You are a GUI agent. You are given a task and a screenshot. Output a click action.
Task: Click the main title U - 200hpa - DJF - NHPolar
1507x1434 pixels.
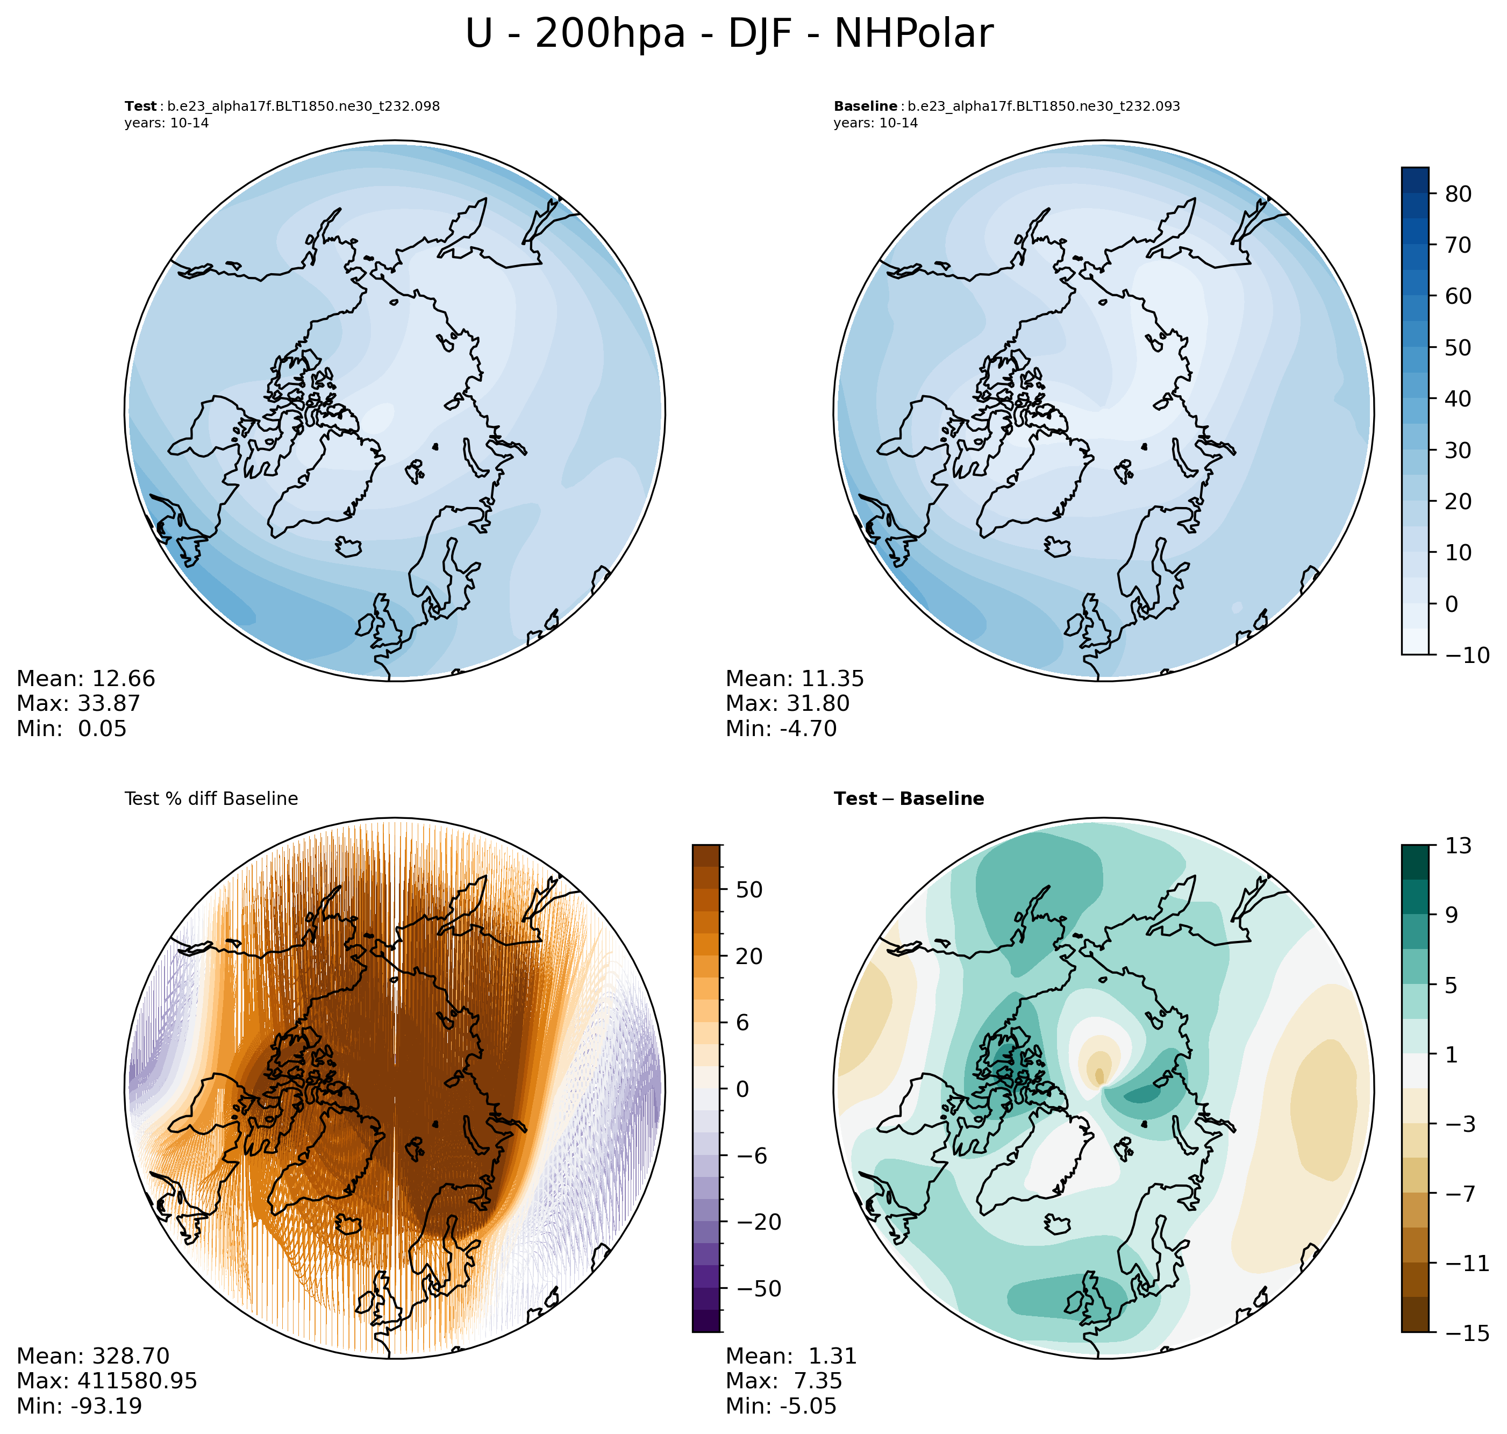(x=729, y=34)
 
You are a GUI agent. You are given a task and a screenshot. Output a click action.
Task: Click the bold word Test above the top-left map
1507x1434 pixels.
(x=141, y=106)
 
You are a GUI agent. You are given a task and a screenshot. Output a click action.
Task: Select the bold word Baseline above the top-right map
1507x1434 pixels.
(x=865, y=106)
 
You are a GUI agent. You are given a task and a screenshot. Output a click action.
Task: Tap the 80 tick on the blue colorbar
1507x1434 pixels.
(x=1458, y=194)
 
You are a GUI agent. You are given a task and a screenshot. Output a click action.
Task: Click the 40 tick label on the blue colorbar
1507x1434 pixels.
(x=1458, y=399)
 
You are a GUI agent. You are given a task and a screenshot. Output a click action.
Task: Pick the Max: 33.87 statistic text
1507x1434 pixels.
(x=78, y=703)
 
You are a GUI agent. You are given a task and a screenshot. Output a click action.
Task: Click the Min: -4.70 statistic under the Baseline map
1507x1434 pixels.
(x=781, y=729)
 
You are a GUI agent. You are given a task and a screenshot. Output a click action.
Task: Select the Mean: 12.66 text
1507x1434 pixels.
(x=85, y=679)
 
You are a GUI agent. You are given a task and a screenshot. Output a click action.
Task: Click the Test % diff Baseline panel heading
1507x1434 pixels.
(x=211, y=799)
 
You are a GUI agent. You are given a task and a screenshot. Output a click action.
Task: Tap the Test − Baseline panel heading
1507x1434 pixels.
(x=909, y=799)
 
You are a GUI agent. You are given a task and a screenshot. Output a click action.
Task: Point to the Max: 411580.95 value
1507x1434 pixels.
(x=107, y=1380)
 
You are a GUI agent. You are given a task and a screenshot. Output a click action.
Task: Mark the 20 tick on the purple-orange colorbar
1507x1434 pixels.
(x=749, y=956)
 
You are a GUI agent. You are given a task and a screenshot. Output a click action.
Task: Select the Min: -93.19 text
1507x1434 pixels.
(x=80, y=1406)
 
